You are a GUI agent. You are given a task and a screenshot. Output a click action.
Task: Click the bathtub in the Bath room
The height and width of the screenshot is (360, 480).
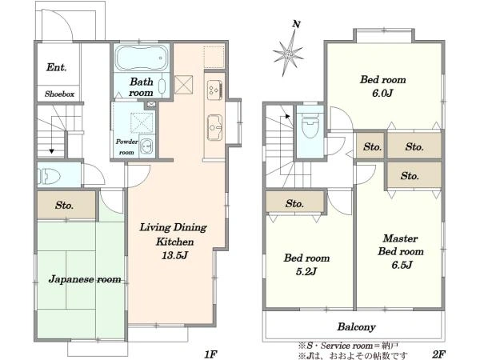point(142,58)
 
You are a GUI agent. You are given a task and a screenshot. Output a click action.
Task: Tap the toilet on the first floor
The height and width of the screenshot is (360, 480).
point(48,176)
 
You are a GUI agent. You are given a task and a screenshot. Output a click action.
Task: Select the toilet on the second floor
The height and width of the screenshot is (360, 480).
point(310,125)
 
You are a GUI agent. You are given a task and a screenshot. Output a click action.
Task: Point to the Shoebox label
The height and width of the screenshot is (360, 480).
point(59,94)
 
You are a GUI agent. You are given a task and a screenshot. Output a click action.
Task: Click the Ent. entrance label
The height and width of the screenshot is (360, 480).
point(57,67)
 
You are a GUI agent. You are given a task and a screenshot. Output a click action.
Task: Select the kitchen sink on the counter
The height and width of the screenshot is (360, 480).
point(214,127)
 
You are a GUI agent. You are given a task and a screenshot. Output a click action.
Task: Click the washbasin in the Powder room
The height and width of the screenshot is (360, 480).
point(147,146)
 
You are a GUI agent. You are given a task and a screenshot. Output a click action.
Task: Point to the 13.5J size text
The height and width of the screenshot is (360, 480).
point(174,255)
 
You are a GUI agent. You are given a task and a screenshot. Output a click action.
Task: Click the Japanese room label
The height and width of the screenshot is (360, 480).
point(85,279)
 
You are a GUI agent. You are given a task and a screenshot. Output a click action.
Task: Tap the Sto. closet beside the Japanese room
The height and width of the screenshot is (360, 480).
point(66,205)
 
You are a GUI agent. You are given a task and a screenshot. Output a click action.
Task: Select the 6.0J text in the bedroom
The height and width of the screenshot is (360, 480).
point(382,93)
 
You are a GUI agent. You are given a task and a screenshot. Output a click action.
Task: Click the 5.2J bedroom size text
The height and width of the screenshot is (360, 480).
point(306,271)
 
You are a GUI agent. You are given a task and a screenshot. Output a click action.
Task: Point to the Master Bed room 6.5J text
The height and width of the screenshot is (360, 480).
point(401,251)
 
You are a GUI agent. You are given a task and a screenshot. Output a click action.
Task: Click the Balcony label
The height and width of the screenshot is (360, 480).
point(356,327)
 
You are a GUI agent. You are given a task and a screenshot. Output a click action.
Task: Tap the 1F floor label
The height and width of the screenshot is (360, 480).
point(211,354)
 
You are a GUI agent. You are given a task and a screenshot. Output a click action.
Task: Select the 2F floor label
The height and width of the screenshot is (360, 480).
point(438,354)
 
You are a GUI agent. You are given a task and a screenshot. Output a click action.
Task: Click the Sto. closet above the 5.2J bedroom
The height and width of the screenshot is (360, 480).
point(294,202)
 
